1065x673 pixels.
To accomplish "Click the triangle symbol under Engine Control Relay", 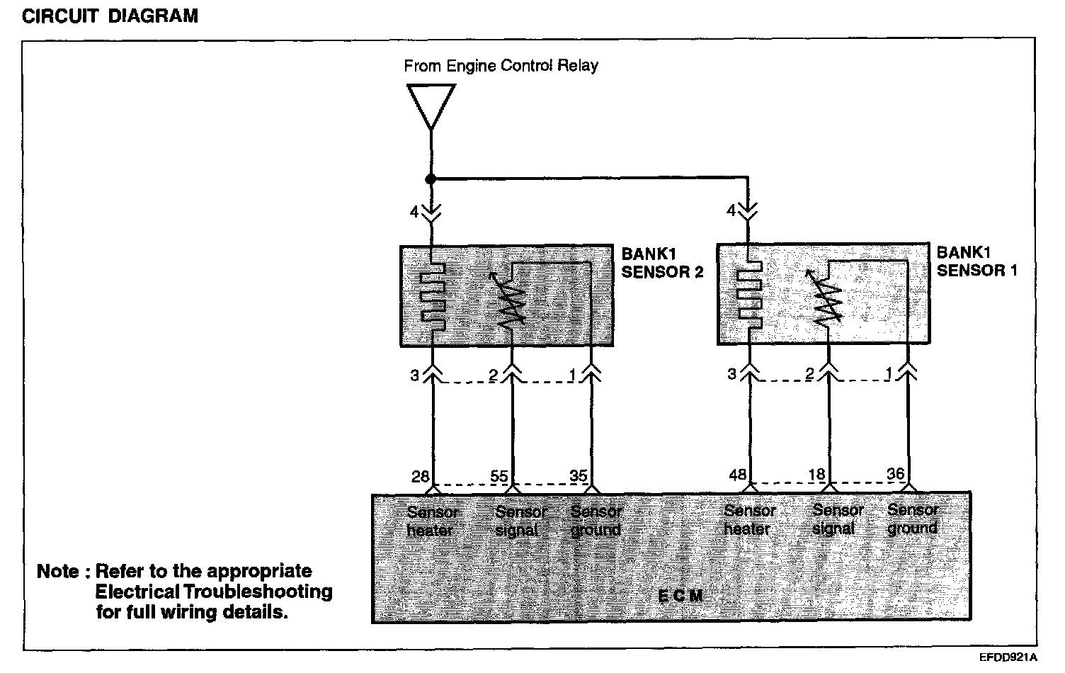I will click(x=431, y=105).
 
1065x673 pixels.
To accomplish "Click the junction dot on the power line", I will click(x=431, y=179).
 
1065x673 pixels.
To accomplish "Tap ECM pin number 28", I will click(x=421, y=476).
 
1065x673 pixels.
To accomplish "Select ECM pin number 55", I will click(x=500, y=476).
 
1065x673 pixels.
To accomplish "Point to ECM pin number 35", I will click(x=579, y=475).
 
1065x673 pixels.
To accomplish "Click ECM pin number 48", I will click(x=738, y=475).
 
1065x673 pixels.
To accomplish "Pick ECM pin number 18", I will click(x=817, y=475).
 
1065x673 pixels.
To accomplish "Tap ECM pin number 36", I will click(x=896, y=474).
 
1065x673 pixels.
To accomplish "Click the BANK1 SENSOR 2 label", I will click(x=662, y=263).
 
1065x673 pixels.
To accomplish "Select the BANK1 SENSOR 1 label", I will click(x=977, y=261).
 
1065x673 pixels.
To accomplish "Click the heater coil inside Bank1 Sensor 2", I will click(x=432, y=296).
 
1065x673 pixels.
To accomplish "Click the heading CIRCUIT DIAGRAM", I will click(x=110, y=16).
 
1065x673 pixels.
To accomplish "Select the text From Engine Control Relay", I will click(x=501, y=66).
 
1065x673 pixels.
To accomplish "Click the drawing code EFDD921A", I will click(x=1008, y=657).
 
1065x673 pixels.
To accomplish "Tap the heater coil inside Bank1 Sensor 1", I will click(x=751, y=295).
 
